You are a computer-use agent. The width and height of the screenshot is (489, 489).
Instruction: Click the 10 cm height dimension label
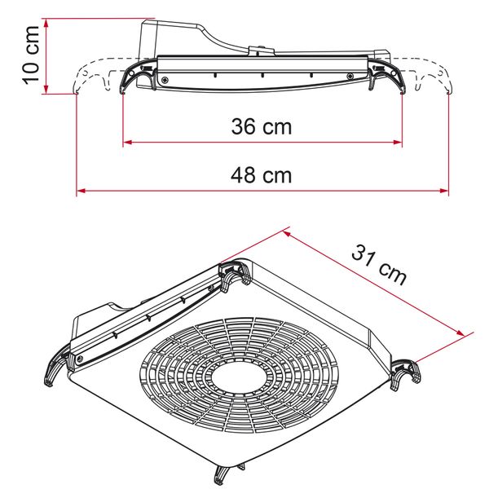[31, 55]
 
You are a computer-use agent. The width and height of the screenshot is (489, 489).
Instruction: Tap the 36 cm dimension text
[262, 126]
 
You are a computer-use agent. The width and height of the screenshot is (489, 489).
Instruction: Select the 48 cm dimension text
[262, 175]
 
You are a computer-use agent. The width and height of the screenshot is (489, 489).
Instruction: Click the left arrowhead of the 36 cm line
[128, 143]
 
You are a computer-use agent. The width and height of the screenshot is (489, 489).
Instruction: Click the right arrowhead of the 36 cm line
[398, 143]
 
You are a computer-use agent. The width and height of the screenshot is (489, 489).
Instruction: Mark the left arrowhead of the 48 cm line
[81, 191]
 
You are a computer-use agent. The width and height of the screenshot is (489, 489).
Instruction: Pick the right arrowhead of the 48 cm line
[444, 191]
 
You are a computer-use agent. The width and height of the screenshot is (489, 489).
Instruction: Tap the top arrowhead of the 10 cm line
[46, 23]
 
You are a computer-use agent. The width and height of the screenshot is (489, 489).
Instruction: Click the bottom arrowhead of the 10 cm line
[46, 89]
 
